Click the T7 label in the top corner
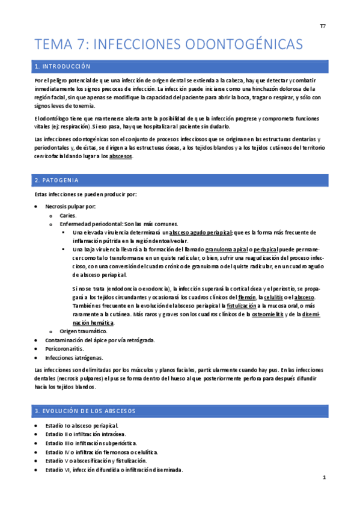[x=322, y=26]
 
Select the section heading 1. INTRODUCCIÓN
[x=63, y=66]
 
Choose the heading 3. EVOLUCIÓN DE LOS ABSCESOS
[x=85, y=411]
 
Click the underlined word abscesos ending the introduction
[x=121, y=157]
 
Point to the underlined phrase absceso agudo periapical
[x=201, y=232]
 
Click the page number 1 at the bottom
[x=324, y=478]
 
